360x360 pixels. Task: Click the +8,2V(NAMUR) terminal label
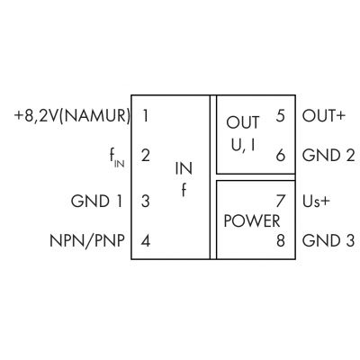pos(72,116)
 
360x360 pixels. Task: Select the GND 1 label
pos(96,201)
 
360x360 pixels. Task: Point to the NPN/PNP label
pos(87,240)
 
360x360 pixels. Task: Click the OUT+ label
pos(324,116)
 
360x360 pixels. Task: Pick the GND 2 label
pos(328,156)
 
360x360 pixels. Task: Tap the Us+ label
pos(316,201)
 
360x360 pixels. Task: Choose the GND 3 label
pos(328,240)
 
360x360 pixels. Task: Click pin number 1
pos(146,116)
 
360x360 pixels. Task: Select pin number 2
pos(146,156)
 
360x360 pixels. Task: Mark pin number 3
pos(146,201)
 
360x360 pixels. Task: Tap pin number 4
pos(146,240)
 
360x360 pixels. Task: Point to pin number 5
pos(280,116)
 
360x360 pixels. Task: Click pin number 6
pos(280,156)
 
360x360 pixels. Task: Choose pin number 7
pos(280,201)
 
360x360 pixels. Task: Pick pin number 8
pos(280,240)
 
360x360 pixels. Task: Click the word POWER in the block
pos(252,221)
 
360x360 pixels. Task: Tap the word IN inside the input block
pos(184,169)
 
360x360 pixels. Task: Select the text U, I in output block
pos(243,146)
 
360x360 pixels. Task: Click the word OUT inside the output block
pos(243,122)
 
